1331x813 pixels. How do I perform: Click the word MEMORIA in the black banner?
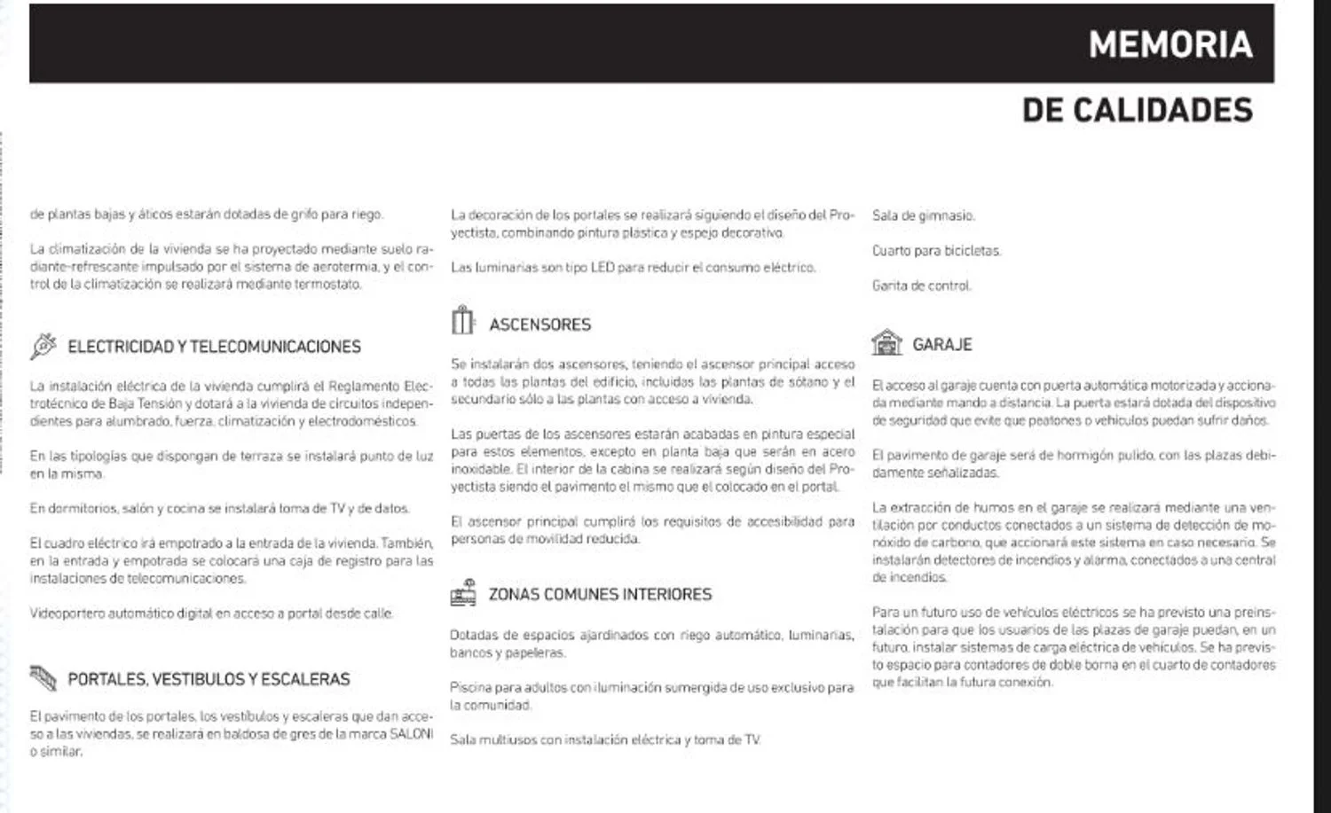[1170, 45]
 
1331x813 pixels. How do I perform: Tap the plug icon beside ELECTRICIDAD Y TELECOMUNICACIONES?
[43, 346]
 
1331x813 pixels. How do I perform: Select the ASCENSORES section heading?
[539, 324]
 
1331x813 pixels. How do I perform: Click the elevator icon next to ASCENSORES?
[462, 320]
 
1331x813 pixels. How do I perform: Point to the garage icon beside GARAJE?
[886, 342]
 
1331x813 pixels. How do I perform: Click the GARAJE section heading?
[942, 344]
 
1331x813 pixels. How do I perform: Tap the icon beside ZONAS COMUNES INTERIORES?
[462, 592]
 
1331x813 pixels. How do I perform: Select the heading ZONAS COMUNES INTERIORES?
[600, 594]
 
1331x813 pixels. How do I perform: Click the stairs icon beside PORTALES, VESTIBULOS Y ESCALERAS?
[43, 678]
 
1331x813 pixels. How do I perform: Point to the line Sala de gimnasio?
[923, 215]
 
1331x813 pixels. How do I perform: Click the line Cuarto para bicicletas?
[936, 251]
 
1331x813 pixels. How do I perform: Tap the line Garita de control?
[921, 285]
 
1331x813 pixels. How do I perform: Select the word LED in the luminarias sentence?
[602, 267]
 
